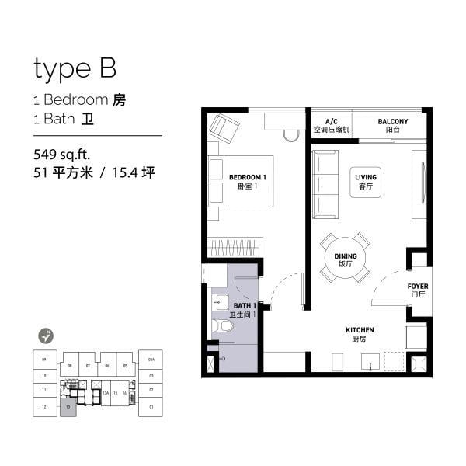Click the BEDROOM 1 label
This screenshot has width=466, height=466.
click(x=248, y=182)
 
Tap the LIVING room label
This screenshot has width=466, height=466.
click(x=365, y=182)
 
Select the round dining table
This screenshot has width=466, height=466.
click(x=345, y=258)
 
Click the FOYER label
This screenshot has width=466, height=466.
click(x=418, y=290)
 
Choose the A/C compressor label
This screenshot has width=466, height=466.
click(x=332, y=126)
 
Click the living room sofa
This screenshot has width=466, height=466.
click(x=325, y=184)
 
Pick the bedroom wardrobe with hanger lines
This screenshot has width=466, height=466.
click(x=235, y=248)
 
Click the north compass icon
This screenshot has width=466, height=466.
click(x=48, y=336)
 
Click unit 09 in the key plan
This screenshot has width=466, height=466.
click(x=45, y=359)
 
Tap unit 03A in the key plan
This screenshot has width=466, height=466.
click(x=151, y=359)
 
